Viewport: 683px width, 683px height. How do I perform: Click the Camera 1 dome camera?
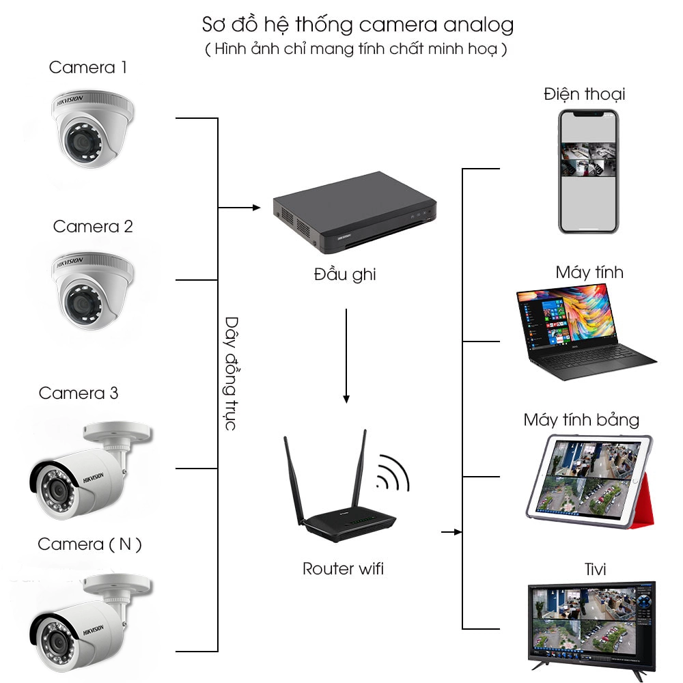coord(92,128)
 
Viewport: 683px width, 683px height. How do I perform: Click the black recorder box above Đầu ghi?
coord(354,212)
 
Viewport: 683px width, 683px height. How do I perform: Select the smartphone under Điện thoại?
coord(589,171)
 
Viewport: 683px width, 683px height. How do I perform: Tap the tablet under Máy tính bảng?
coord(589,482)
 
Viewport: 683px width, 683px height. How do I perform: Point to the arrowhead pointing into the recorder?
coord(257,208)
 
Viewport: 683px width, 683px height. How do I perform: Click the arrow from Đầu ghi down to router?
coord(346,356)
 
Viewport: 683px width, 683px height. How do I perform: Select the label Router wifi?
coord(344,568)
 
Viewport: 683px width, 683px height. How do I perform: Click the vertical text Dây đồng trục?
coord(232,374)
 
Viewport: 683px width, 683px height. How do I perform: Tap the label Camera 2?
coord(93,227)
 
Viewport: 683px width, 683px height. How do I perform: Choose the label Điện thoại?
coord(585,94)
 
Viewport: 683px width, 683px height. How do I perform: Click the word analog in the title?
coord(479,25)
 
